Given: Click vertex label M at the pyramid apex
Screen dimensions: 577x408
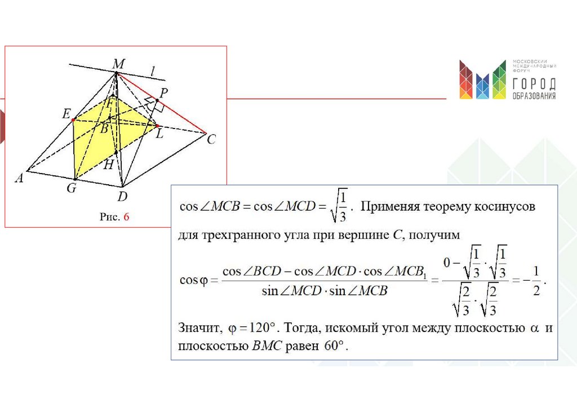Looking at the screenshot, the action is click(x=118, y=64).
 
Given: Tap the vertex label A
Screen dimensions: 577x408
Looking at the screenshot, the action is click(x=19, y=178).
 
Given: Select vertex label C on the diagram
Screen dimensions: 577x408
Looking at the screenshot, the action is click(x=211, y=139).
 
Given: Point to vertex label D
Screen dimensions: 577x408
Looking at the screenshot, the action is click(x=122, y=196).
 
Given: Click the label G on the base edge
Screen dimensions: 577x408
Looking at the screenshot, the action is click(x=72, y=188).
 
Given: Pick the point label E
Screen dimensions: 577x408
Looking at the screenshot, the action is click(x=66, y=114).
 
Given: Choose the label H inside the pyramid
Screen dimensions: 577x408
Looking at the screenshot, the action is click(x=109, y=164).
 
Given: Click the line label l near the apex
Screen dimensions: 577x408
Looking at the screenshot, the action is click(x=152, y=71).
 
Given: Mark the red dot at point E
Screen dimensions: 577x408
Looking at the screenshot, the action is click(x=73, y=119).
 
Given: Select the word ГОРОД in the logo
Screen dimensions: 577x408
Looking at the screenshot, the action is click(x=534, y=84).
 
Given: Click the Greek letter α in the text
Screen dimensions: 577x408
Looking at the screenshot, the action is click(x=529, y=327).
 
